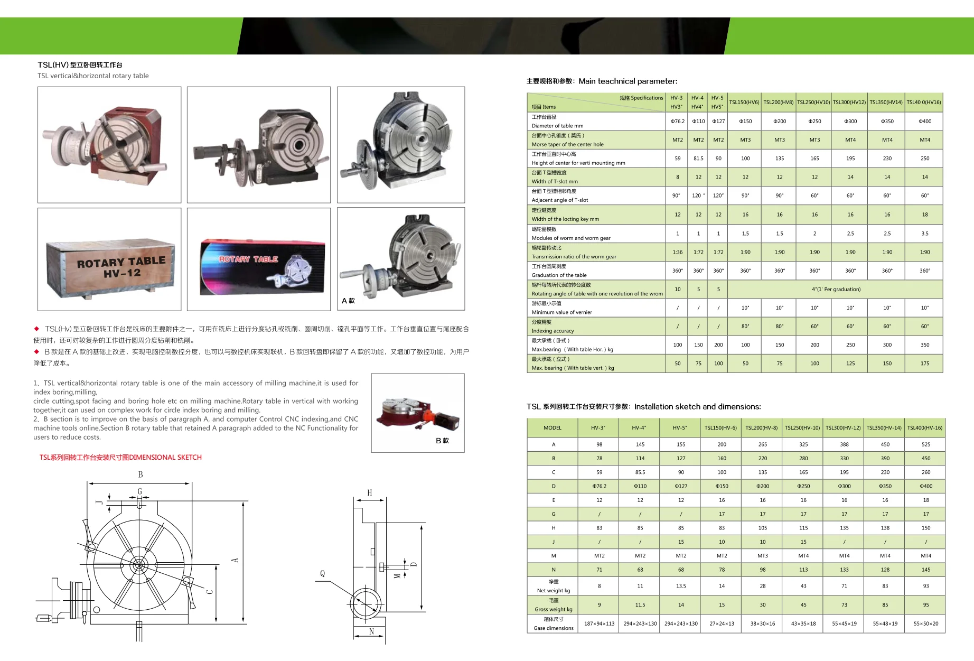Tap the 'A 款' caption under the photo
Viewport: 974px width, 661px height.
(x=348, y=301)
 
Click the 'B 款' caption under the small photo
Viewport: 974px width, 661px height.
(x=442, y=440)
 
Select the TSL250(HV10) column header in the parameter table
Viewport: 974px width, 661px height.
(x=813, y=102)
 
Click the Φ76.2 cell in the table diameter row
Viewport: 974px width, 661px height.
(x=677, y=121)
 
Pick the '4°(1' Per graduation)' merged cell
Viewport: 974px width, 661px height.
(x=836, y=289)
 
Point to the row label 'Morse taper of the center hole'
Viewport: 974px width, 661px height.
(x=567, y=144)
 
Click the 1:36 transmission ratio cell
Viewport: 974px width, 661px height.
(x=677, y=252)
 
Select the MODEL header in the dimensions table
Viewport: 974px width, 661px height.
(x=552, y=427)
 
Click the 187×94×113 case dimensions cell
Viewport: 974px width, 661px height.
(x=599, y=623)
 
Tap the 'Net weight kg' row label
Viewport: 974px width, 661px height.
(x=553, y=591)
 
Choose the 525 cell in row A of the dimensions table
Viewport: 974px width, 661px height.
(x=925, y=444)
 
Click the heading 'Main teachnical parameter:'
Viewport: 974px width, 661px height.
(x=628, y=81)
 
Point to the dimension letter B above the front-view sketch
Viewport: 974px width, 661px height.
(x=140, y=474)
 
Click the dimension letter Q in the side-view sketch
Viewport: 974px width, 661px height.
(x=322, y=573)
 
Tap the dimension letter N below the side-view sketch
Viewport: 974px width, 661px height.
(x=371, y=631)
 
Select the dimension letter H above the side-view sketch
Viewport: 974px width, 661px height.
(x=369, y=493)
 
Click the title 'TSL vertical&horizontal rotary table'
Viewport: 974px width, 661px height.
(x=93, y=76)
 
